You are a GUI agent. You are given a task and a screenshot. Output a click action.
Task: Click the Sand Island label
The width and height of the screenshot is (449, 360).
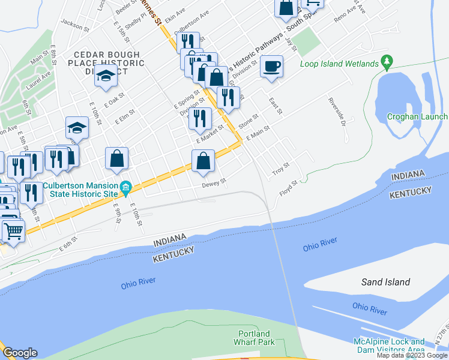385,282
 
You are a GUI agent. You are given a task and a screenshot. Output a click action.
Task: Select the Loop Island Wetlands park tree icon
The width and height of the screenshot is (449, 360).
387,62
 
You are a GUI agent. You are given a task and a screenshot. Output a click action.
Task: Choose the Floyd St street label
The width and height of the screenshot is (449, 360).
288,188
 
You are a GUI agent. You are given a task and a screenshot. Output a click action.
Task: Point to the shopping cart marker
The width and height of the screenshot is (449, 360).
13,230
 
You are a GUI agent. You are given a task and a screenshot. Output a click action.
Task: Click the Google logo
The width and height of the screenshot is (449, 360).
20,352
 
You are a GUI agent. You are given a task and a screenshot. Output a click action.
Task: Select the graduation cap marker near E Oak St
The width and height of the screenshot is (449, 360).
106,76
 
